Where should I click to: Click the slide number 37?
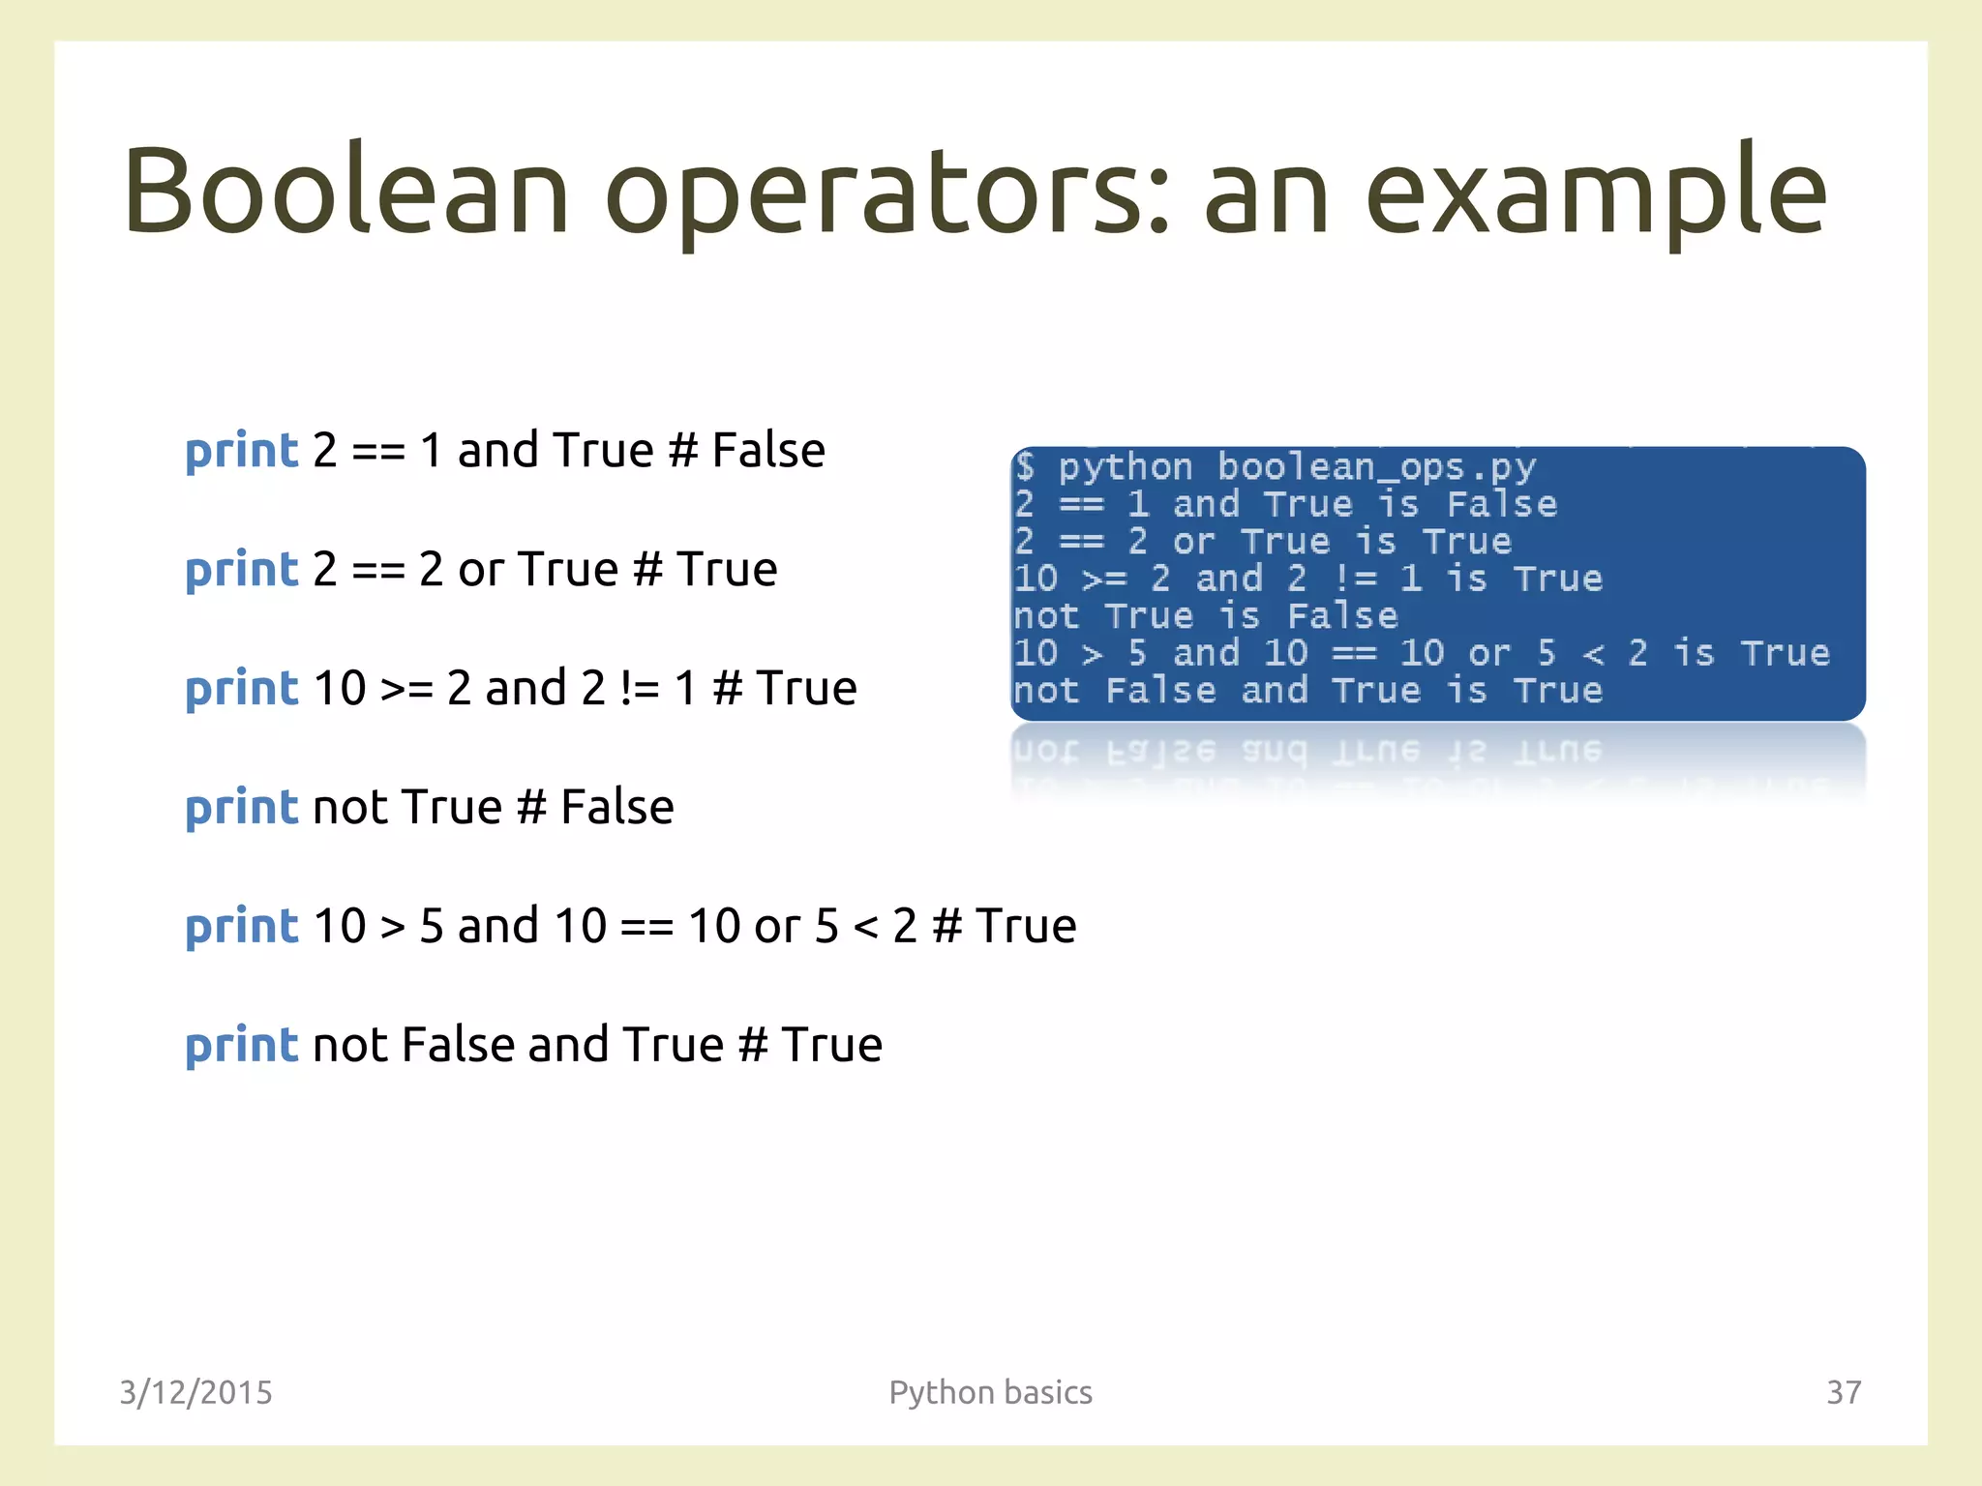[x=1843, y=1392]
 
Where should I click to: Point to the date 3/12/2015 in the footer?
[x=195, y=1392]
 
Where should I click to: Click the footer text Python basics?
[x=990, y=1392]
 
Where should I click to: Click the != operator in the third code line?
[x=640, y=689]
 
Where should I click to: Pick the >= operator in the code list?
[x=406, y=689]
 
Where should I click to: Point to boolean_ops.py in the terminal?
[x=1375, y=467]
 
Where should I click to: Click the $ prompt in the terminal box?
[x=1025, y=467]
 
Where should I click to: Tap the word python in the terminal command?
[x=1125, y=468]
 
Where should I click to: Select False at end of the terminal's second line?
[x=1501, y=504]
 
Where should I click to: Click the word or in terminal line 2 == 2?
[x=1193, y=542]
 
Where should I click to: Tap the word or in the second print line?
[x=481, y=570]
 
